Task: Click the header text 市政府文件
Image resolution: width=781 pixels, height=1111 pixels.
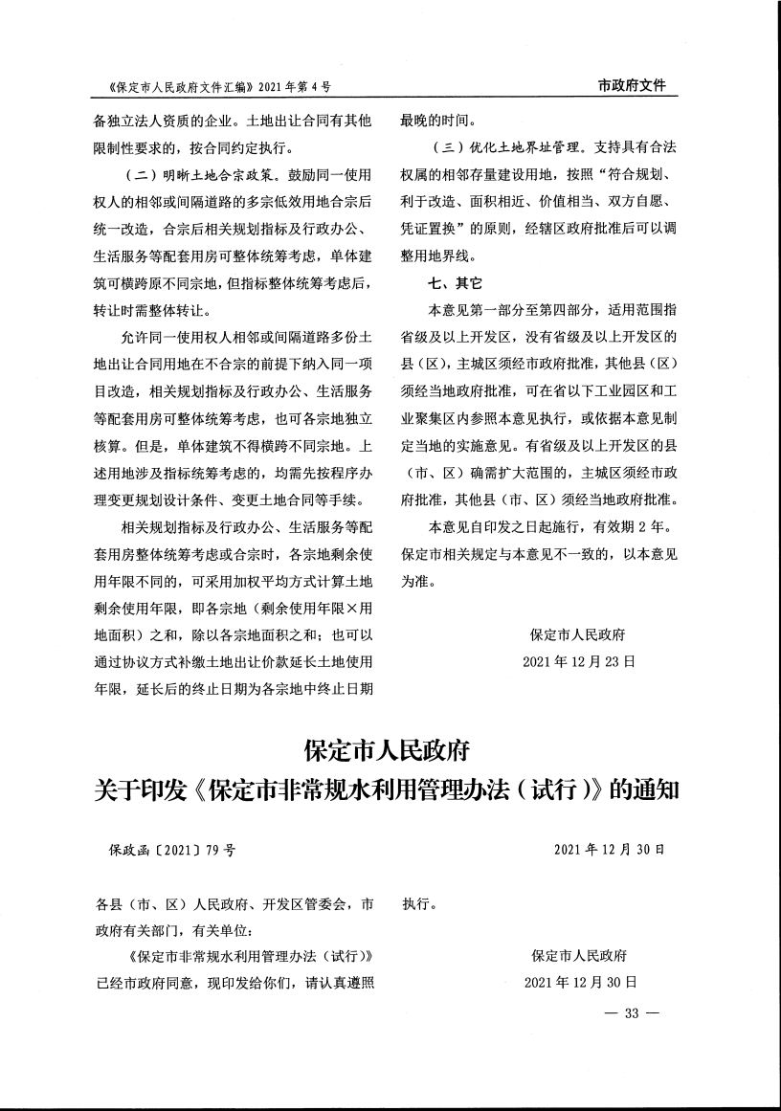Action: pos(631,86)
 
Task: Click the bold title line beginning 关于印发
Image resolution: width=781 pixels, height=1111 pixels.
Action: pos(387,791)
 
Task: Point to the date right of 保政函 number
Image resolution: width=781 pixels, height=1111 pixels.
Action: pos(609,849)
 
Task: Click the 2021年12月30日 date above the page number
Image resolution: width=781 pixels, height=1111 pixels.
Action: pos(580,982)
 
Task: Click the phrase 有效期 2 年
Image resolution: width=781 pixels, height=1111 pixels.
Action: pos(633,526)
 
